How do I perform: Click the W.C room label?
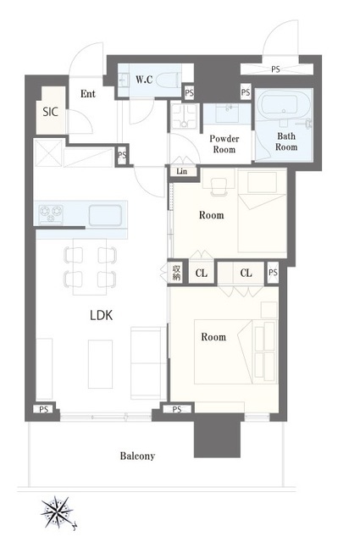(144, 80)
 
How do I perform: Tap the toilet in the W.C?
(169, 81)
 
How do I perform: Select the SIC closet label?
(50, 112)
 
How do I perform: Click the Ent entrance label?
(88, 94)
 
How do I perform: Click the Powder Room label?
(224, 144)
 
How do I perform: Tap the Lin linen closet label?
(181, 171)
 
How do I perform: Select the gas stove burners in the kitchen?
(51, 213)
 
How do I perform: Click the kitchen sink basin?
(105, 215)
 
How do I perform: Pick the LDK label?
(102, 315)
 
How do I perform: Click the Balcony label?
(137, 456)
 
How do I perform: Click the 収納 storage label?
(176, 273)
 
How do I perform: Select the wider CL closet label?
(246, 273)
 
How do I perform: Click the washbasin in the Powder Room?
(228, 113)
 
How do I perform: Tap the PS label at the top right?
(275, 69)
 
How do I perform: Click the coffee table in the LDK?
(100, 364)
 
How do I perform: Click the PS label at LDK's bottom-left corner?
(43, 409)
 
